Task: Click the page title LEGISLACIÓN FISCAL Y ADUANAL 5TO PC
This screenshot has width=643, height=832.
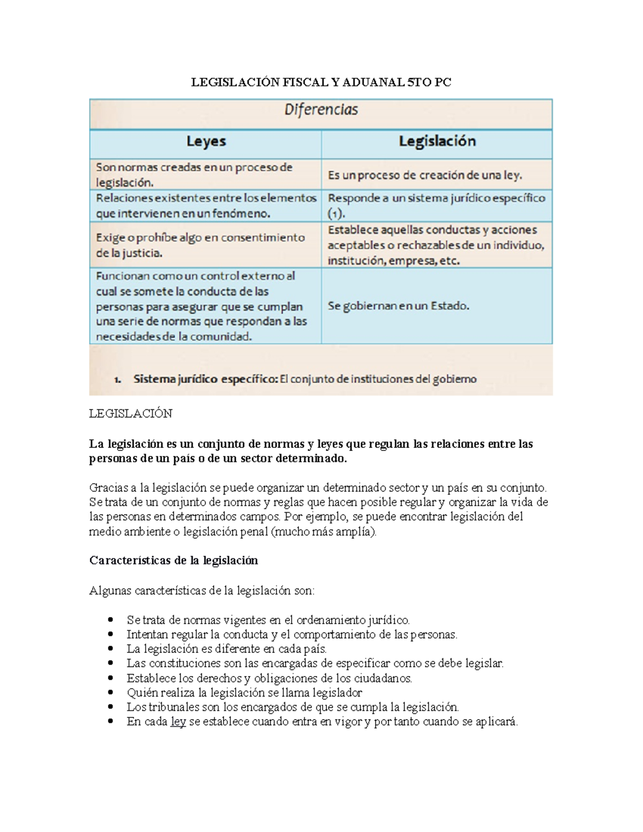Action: click(321, 82)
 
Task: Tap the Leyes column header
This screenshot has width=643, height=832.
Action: click(206, 141)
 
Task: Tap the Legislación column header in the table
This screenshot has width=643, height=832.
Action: click(437, 141)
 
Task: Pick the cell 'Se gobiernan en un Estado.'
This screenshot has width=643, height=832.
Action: click(398, 306)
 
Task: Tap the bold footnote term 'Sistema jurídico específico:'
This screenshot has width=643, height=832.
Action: click(205, 379)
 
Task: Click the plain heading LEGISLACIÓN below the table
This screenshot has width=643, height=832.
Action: click(131, 414)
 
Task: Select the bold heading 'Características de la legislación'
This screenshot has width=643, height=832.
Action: click(174, 560)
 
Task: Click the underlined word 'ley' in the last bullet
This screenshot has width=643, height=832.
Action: click(178, 722)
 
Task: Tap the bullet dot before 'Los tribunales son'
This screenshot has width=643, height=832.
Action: click(111, 707)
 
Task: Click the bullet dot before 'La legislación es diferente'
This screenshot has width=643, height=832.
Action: click(111, 649)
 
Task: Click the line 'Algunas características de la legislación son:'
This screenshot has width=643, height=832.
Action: click(202, 591)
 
